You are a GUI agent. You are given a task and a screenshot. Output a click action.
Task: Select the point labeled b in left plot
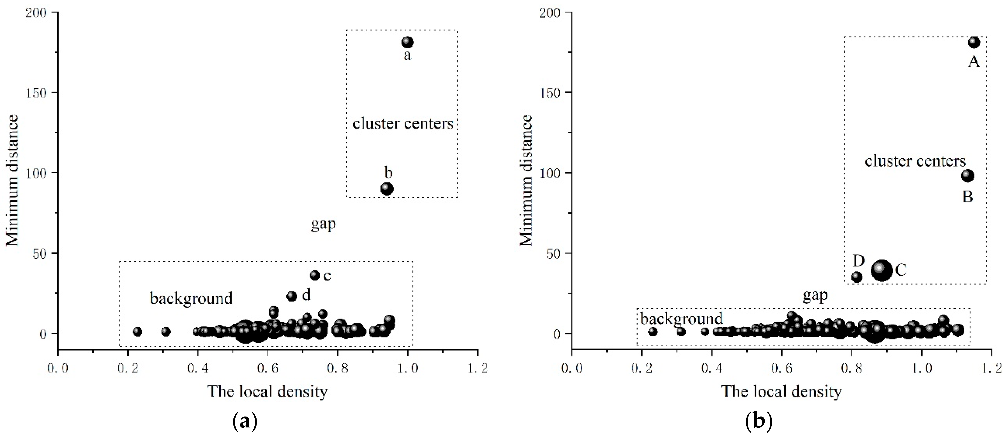coord(387,189)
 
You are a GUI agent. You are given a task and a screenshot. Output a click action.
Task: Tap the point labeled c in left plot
coord(315,275)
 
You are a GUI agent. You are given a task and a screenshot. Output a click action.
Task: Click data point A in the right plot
coord(974,42)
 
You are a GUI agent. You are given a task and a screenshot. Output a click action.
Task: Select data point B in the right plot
coord(968,176)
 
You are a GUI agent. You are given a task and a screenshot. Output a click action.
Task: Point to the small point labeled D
coord(857,277)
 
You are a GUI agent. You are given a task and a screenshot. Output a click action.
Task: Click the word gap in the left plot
coord(323,224)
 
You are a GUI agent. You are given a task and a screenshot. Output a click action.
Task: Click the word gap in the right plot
coord(815,296)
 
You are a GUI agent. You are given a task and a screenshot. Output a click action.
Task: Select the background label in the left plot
coord(191,299)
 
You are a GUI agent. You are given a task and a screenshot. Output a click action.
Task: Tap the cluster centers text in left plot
coord(403,123)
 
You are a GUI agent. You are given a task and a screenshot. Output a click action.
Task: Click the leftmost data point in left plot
coord(137,332)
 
